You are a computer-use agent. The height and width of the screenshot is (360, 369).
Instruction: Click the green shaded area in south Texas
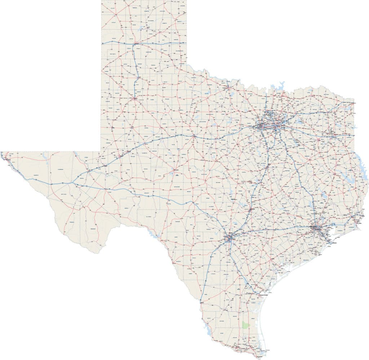246,325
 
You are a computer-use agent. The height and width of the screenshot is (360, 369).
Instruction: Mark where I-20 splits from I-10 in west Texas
75,184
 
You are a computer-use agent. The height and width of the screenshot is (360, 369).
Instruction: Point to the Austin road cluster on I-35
251,209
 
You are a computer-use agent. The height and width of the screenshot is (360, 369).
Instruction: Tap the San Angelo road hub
175,170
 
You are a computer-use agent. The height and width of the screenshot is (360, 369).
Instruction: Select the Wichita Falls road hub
227,87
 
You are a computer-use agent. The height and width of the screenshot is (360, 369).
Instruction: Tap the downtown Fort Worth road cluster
262,126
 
